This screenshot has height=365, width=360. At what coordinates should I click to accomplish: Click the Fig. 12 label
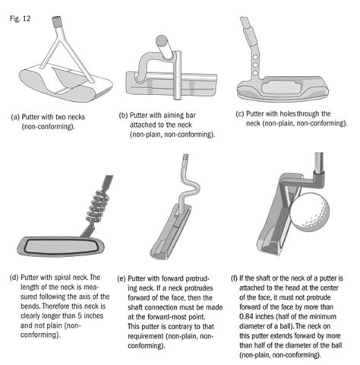pos(20,19)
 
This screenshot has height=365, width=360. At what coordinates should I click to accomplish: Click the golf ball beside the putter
pos(310,212)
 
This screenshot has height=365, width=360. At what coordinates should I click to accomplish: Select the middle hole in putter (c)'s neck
pos(256,65)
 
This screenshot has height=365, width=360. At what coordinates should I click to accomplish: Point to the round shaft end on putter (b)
pos(161,40)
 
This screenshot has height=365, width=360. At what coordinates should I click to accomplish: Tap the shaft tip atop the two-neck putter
pos(56,21)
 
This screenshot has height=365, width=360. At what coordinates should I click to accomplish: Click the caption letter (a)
pos(15,117)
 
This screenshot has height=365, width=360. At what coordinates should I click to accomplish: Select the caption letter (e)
pos(122,279)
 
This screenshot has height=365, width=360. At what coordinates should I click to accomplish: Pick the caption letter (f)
pos(234,278)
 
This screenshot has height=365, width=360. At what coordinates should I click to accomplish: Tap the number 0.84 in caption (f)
pos(247,316)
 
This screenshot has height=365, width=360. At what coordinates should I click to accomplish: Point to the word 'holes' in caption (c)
pos(287,114)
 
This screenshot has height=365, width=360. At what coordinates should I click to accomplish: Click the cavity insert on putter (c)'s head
pos(281,87)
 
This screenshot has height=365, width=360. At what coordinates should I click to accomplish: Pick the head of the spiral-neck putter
pos(61,246)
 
